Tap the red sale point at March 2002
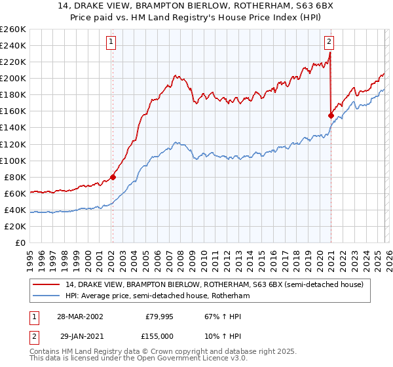pyautogui.click(x=113, y=176)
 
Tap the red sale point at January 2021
pyautogui.click(x=331, y=115)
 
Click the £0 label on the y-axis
pyautogui.click(x=20, y=242)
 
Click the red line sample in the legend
pyautogui.click(x=47, y=285)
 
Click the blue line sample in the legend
pyautogui.click(x=47, y=296)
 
